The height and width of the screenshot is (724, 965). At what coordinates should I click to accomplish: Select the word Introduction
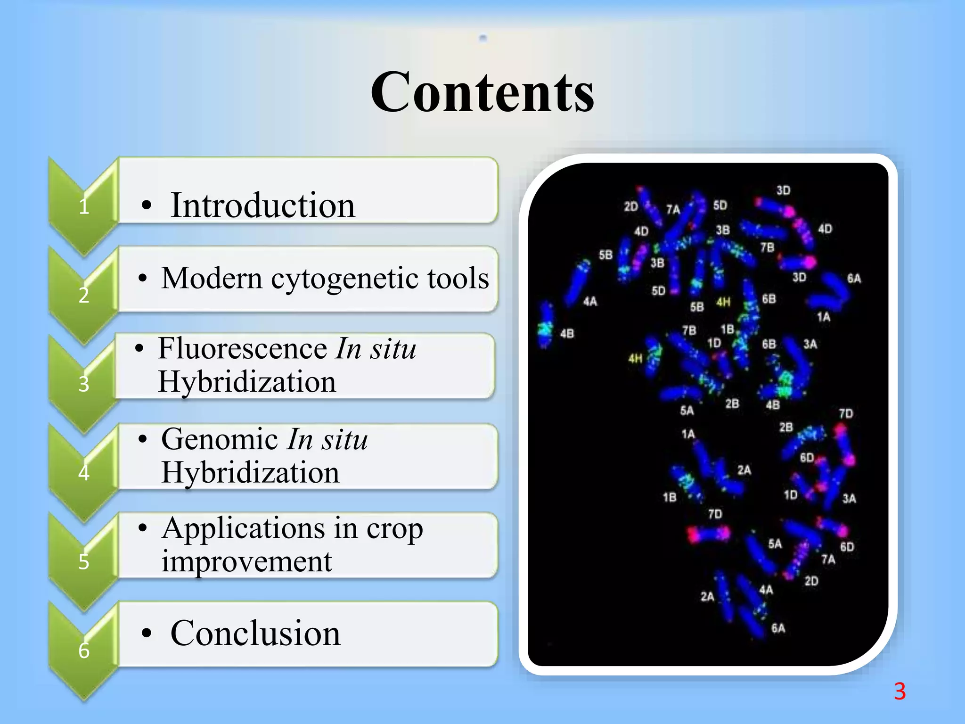click(x=262, y=206)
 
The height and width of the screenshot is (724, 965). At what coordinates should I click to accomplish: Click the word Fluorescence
click(x=243, y=348)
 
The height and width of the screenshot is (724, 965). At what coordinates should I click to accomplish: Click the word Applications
click(x=243, y=528)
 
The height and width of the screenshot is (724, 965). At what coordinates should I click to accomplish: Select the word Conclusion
click(x=255, y=633)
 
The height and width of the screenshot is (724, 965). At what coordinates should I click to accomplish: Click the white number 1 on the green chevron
click(x=84, y=206)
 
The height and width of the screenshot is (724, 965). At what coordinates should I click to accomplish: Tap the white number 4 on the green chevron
click(x=84, y=472)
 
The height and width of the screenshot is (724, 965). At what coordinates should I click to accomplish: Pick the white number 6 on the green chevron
click(x=84, y=650)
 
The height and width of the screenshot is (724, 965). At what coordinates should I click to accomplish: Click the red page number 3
click(x=900, y=691)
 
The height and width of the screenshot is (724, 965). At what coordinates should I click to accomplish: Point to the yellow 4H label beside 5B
click(x=723, y=302)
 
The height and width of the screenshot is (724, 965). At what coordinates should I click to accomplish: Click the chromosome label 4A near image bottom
click(x=766, y=590)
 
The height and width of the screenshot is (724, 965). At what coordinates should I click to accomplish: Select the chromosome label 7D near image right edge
click(x=846, y=413)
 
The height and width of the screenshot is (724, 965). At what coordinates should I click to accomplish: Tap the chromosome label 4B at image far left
click(x=567, y=334)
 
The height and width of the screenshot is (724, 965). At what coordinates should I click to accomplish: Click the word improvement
click(x=246, y=562)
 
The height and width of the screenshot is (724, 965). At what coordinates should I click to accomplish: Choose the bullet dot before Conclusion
click(x=147, y=634)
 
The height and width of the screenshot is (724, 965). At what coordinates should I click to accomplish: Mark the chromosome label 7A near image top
click(x=673, y=209)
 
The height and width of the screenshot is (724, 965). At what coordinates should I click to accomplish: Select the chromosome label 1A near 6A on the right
click(x=823, y=317)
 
